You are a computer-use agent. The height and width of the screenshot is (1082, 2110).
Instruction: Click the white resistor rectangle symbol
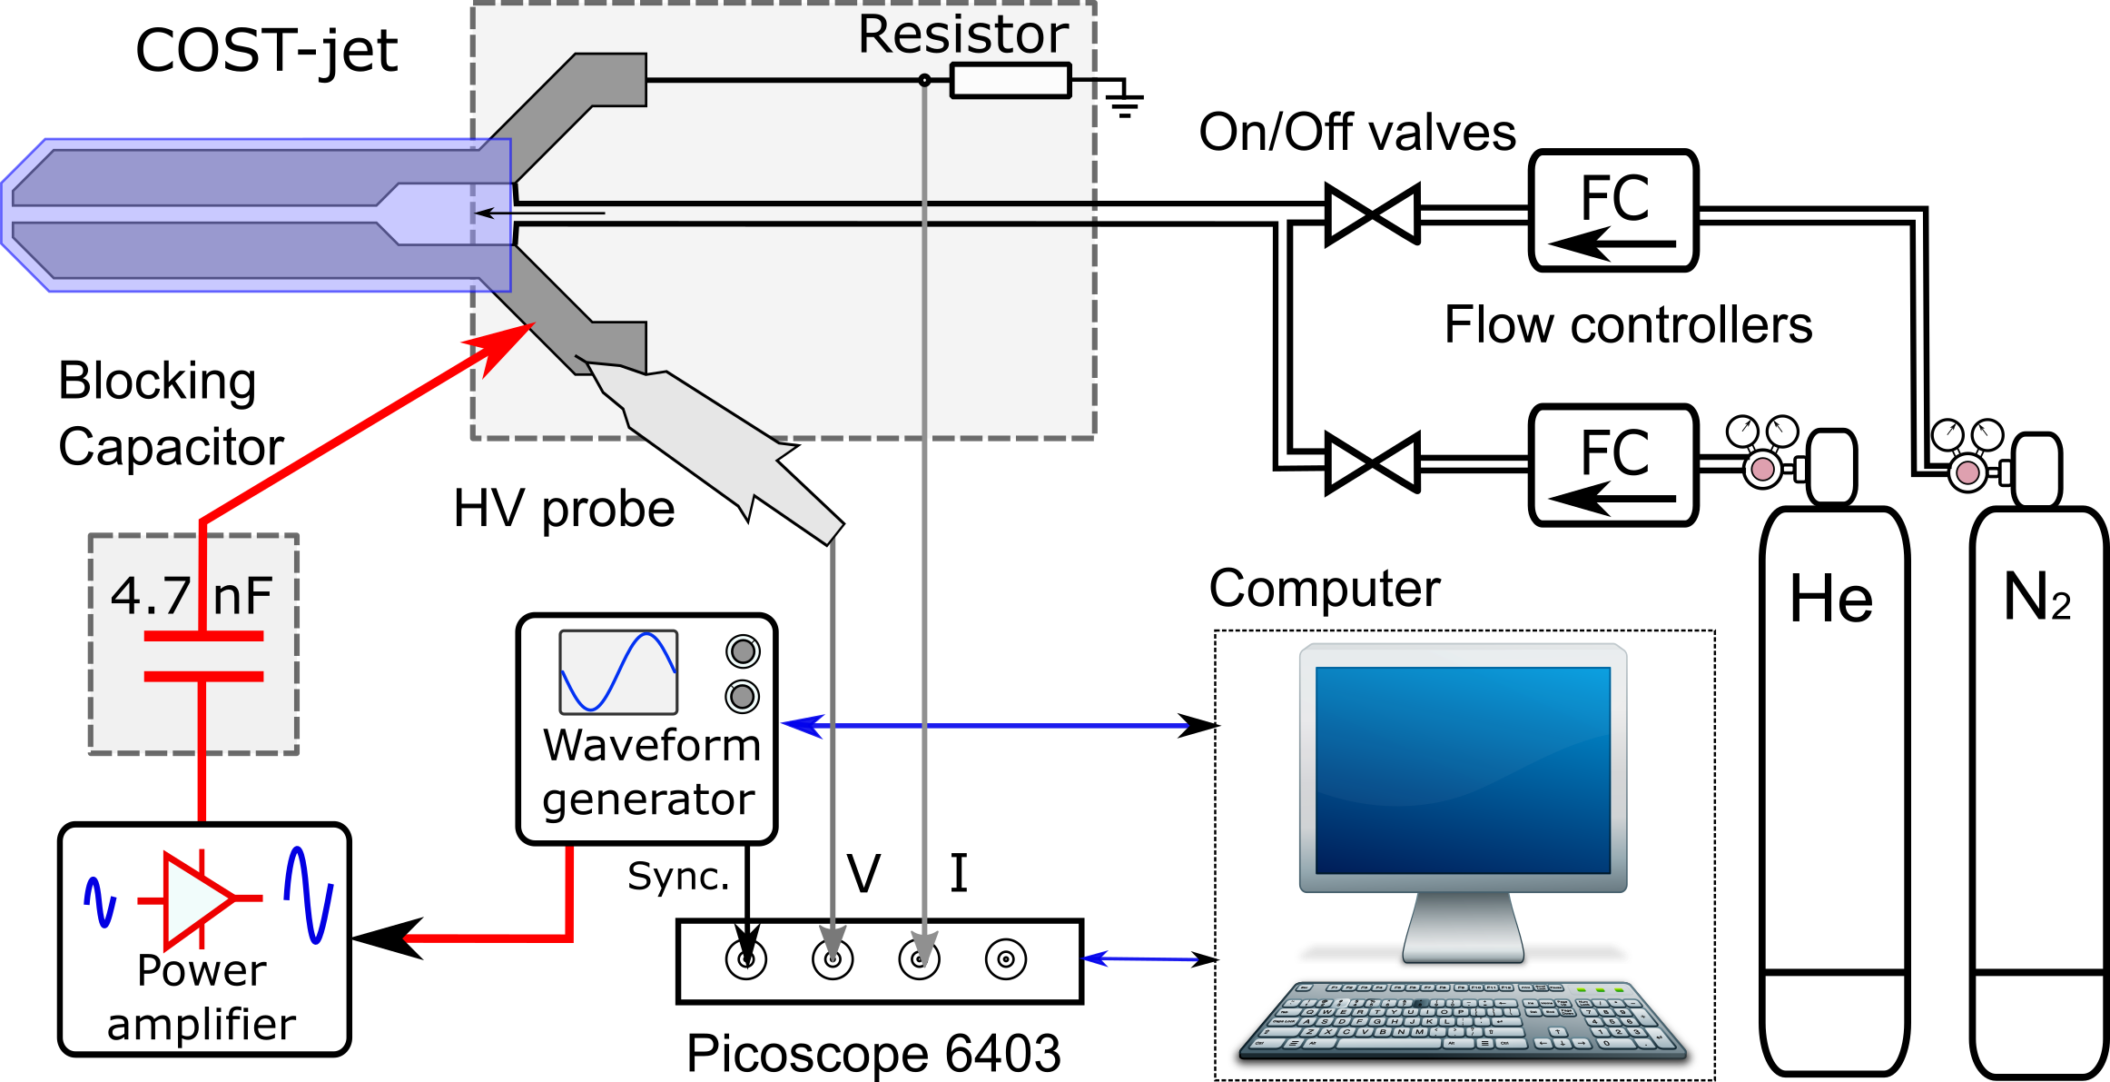click(x=1011, y=81)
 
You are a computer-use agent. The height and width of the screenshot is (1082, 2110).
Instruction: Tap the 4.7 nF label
click(x=192, y=596)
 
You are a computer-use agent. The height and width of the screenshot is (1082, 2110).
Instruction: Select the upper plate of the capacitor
click(x=203, y=636)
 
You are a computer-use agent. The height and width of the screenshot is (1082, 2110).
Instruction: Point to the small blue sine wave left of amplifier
click(x=100, y=901)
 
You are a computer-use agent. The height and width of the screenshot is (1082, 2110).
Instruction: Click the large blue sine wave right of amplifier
click(x=309, y=896)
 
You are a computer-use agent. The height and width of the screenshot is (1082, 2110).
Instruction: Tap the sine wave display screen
click(x=618, y=672)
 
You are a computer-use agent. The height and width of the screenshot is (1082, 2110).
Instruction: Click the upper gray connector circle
click(x=743, y=651)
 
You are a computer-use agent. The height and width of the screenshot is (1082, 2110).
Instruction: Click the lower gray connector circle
click(x=742, y=697)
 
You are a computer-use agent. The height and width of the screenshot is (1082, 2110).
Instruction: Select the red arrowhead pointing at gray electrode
click(x=501, y=345)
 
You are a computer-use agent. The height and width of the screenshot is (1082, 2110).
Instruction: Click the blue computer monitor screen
click(x=1463, y=769)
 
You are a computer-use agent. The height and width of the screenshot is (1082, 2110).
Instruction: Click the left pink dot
click(x=1762, y=469)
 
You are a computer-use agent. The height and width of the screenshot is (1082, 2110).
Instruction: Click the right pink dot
click(x=1967, y=472)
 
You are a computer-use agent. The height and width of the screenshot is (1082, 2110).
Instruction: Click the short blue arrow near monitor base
click(x=1139, y=958)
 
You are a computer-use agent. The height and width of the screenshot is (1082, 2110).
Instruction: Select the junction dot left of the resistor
click(x=924, y=80)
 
